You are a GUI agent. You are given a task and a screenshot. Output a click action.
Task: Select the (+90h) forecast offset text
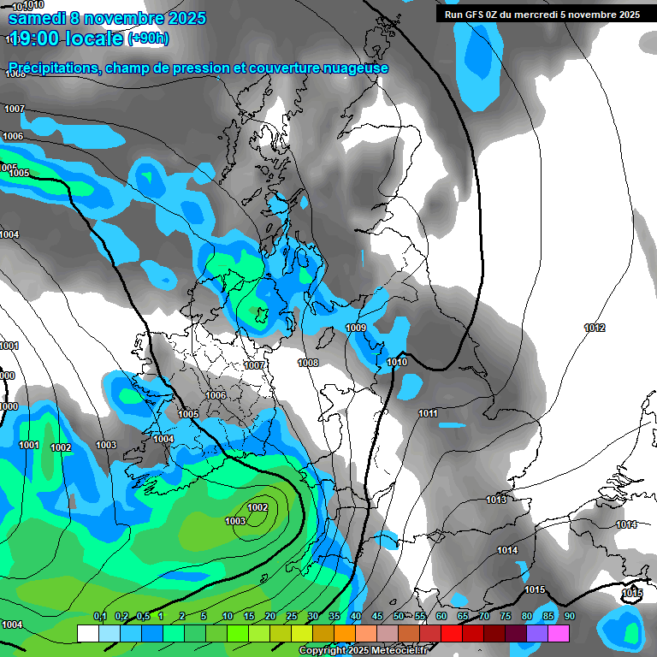148,38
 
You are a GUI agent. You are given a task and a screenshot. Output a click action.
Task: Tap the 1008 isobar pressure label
308,363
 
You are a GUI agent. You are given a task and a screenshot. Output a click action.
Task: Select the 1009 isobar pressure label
356,328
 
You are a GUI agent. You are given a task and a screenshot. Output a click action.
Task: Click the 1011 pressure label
428,414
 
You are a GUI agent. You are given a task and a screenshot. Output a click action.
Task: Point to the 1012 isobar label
595,328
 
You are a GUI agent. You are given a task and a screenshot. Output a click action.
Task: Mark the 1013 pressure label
496,500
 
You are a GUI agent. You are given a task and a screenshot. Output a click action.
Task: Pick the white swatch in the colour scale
87,633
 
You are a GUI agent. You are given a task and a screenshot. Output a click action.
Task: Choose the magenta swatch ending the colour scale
559,633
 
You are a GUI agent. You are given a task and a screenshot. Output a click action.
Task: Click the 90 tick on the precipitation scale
570,617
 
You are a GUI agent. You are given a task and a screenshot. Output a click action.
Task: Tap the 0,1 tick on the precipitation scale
99,617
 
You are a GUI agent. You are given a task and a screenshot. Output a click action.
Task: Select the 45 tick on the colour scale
377,617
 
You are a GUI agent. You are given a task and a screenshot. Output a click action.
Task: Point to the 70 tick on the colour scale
484,617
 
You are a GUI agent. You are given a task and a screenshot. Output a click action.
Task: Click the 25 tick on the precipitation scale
292,617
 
